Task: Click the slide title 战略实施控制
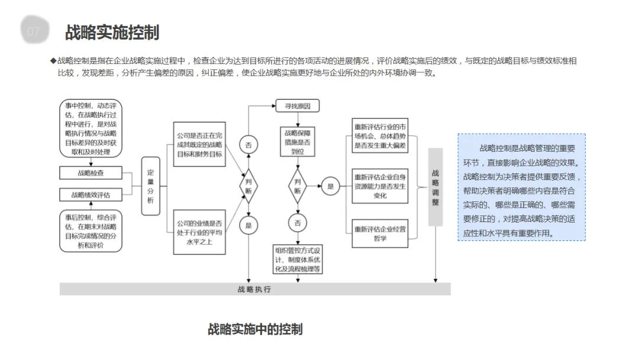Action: pos(112,32)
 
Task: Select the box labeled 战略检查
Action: pos(91,173)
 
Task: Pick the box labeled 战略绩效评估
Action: pos(91,195)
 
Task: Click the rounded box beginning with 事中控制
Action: pos(91,128)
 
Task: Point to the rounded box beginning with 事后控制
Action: pos(91,230)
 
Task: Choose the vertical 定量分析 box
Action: pos(150,187)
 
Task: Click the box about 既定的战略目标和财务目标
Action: pos(199,144)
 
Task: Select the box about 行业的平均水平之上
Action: pos(199,232)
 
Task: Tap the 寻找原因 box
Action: pos(298,107)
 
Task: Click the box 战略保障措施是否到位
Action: pos(298,142)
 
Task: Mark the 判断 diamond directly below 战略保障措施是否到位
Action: pos(298,187)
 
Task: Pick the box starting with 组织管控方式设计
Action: pos(298,259)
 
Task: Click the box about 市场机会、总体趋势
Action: pos(380,136)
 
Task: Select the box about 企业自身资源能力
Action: pos(380,186)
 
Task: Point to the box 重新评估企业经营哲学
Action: pos(380,233)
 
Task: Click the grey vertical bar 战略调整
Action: pos(435,187)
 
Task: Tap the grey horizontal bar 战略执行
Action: pos(254,289)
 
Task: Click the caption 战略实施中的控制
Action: pos(255,329)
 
